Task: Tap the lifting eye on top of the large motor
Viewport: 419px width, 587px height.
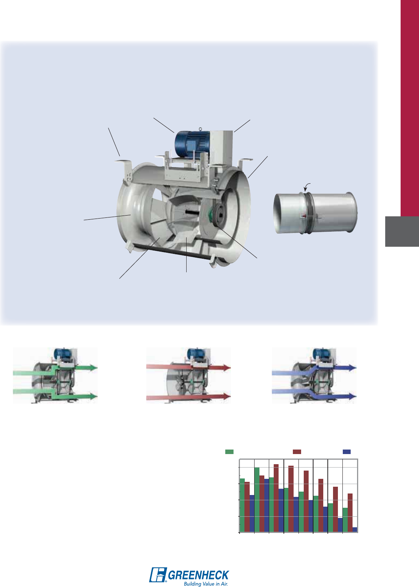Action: coord(200,129)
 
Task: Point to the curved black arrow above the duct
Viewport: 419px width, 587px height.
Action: coord(307,187)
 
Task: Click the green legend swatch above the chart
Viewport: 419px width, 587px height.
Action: coord(229,451)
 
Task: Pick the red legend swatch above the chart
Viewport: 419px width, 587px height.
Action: coord(297,451)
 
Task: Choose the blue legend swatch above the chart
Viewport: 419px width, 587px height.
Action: coord(347,451)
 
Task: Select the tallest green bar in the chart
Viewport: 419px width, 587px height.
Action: coord(257,499)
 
